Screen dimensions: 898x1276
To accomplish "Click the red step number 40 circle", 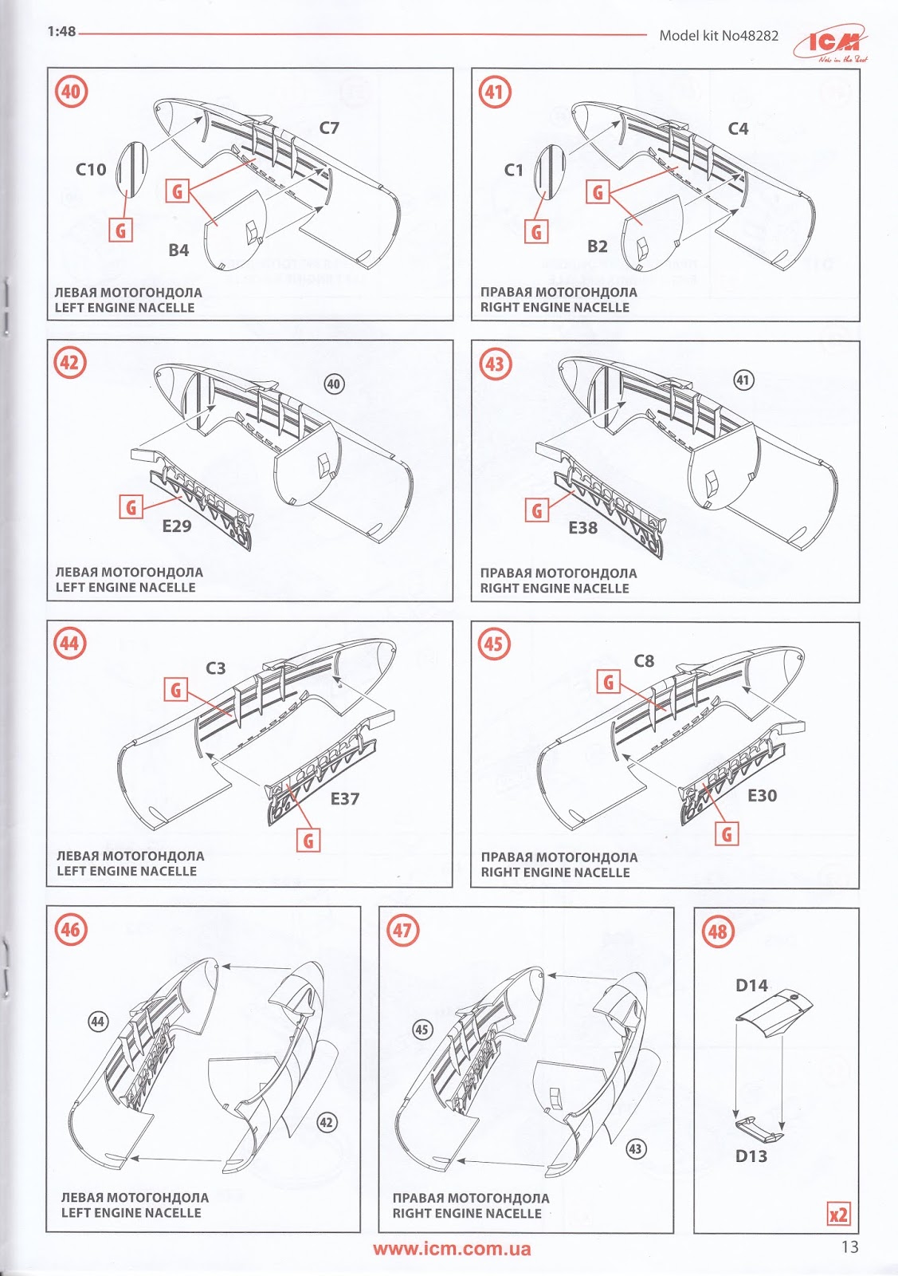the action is pyautogui.click(x=71, y=91).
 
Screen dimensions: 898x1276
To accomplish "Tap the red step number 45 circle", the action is pyautogui.click(x=493, y=644).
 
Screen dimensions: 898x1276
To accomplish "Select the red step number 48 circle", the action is pyautogui.click(x=718, y=932).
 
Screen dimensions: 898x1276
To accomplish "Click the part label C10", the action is pyautogui.click(x=91, y=169).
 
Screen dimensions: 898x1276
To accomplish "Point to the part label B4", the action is pyautogui.click(x=178, y=250).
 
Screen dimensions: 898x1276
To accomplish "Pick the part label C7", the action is pyautogui.click(x=329, y=128).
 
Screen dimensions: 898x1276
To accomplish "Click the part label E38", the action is pyautogui.click(x=582, y=527).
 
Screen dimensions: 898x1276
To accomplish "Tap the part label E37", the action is pyautogui.click(x=345, y=798).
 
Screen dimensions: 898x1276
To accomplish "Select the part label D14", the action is pyautogui.click(x=751, y=985).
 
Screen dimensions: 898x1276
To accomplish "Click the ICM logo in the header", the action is pyautogui.click(x=831, y=43).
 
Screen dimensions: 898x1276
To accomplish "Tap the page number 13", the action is pyautogui.click(x=849, y=1247).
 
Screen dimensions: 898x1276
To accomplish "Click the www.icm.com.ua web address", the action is pyautogui.click(x=452, y=1249).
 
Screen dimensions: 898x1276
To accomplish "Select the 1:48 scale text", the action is pyautogui.click(x=61, y=31).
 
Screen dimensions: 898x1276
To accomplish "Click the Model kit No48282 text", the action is pyautogui.click(x=719, y=35).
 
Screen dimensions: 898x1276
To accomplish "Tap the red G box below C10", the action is pyautogui.click(x=120, y=230).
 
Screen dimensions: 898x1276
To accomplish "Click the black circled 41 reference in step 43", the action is pyautogui.click(x=743, y=380).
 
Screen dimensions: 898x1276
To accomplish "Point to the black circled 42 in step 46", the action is pyautogui.click(x=326, y=1123).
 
